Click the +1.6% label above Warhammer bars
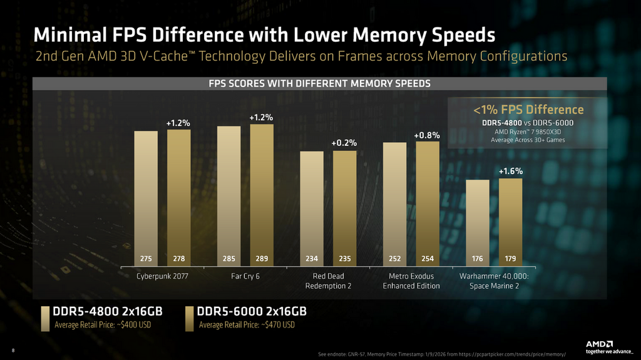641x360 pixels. coord(510,171)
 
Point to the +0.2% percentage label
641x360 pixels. coord(344,143)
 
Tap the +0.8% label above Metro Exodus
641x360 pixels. coord(427,135)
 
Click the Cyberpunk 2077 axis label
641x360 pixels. coord(162,276)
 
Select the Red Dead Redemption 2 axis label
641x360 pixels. coord(328,281)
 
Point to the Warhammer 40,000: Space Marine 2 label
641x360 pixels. coord(494,281)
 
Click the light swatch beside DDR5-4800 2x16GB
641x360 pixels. coord(46,317)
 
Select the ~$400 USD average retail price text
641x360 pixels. coord(103,325)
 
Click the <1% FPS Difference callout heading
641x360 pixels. coord(528,110)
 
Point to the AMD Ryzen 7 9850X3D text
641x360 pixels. coord(528,131)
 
